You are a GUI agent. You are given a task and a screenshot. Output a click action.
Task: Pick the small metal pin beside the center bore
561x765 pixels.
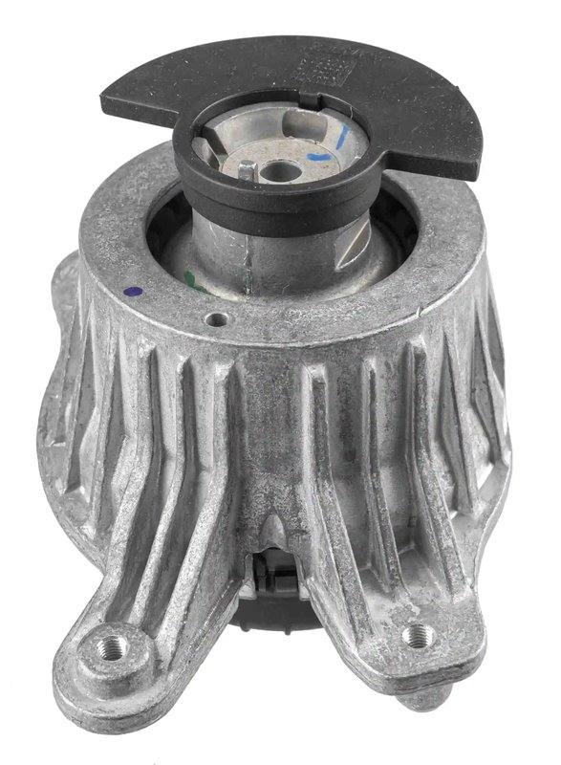click(246, 169)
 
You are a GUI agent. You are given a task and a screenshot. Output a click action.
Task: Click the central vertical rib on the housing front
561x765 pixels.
click(277, 449)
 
